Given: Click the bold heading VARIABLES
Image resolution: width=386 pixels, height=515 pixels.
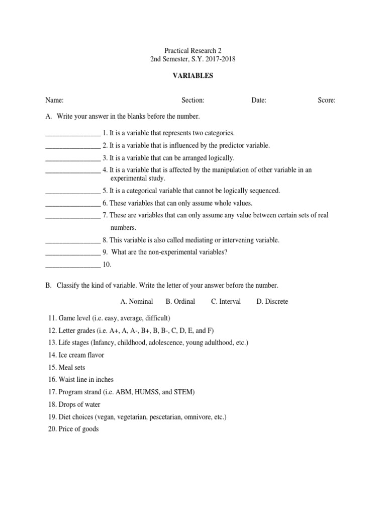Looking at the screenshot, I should click(x=192, y=75).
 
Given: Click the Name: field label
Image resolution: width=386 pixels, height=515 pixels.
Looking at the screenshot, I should click(x=54, y=101).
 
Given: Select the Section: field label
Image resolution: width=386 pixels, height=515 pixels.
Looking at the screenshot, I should click(x=192, y=101).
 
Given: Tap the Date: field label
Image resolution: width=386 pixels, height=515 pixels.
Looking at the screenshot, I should click(x=259, y=101).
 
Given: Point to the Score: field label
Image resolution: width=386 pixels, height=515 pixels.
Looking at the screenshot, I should click(x=326, y=101).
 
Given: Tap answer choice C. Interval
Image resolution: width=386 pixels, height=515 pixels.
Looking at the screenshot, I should click(x=226, y=302).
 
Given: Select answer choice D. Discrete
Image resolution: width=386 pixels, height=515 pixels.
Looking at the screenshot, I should click(x=272, y=302).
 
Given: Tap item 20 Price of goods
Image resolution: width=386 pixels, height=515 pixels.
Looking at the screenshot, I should click(x=74, y=429).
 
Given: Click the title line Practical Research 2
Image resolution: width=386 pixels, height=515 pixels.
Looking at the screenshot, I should click(x=192, y=51).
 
